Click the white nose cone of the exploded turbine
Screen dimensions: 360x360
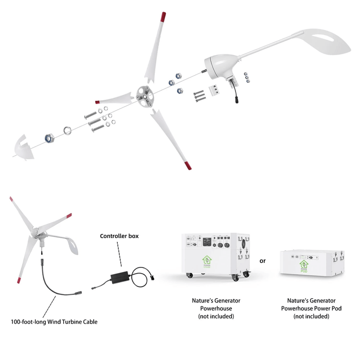24,149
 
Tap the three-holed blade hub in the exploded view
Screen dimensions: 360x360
145,97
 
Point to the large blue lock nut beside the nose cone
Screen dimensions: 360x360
49,138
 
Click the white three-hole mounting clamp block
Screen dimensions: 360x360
214,90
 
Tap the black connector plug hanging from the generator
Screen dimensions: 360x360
237,100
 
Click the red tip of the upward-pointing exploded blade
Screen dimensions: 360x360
163,17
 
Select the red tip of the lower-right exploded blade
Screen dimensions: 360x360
188,165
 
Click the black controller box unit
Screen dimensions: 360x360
119,277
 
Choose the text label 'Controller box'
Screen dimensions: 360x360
119,236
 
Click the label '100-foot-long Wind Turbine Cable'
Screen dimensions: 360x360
54,322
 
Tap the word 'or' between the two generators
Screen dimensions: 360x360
262,261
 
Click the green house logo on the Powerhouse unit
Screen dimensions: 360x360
207,262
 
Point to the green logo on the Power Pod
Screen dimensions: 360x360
304,266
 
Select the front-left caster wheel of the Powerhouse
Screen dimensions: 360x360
190,275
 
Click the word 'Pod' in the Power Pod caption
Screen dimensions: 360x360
336,309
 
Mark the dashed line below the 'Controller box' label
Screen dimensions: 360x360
119,254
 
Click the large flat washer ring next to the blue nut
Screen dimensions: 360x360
67,131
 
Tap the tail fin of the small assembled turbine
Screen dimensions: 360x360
71,244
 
